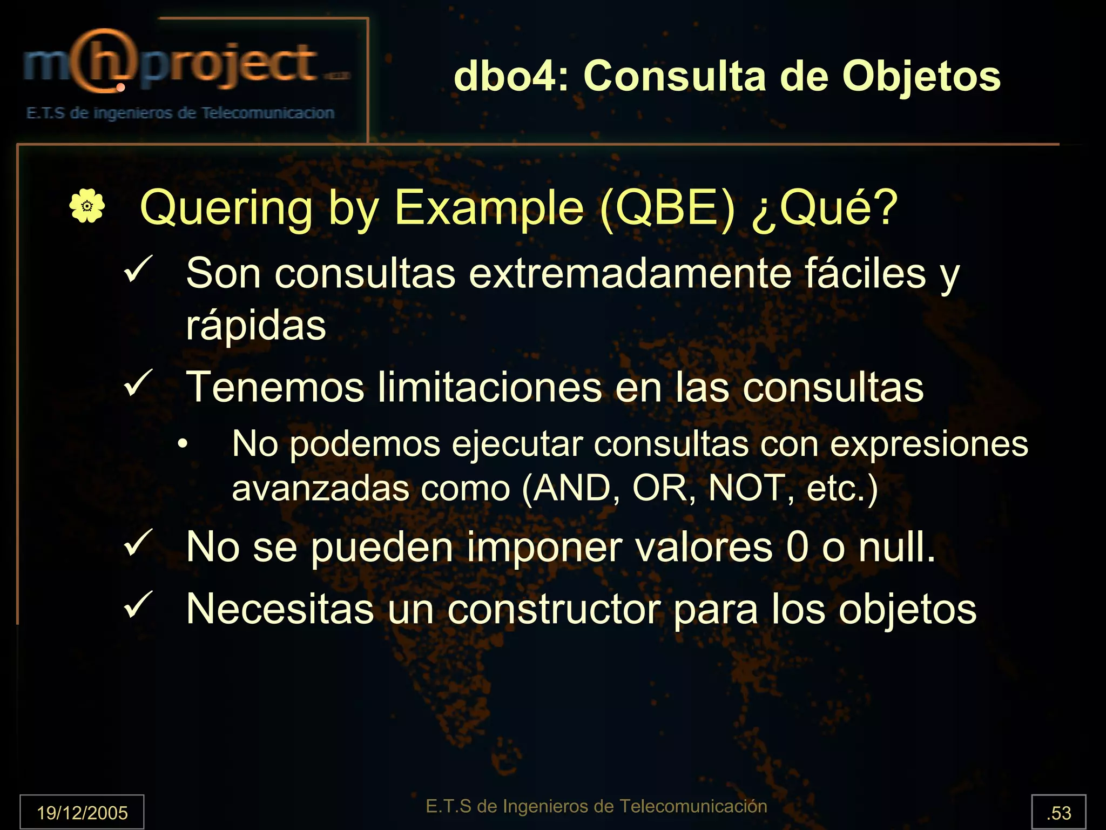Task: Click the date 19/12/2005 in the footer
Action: point(82,813)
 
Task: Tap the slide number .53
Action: point(1058,813)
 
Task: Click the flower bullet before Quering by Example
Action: point(87,206)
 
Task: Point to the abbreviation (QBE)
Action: point(667,208)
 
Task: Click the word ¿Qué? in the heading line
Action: point(825,208)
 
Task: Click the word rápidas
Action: point(256,326)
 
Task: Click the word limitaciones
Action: point(489,387)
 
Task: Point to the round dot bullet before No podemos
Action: point(184,444)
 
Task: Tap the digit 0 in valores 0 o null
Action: point(797,548)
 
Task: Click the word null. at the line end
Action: point(897,548)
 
